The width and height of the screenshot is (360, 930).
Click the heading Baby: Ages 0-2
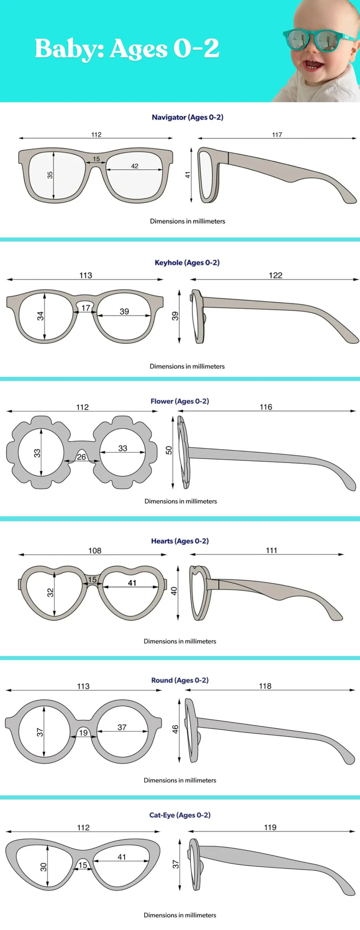[127, 48]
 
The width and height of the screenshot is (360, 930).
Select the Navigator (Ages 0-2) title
[187, 117]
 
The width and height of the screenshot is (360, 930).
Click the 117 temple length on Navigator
[277, 135]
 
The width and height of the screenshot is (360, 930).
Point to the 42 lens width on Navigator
[134, 166]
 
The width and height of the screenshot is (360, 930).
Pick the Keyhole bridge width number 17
[86, 308]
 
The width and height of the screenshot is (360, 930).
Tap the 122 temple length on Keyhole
[275, 275]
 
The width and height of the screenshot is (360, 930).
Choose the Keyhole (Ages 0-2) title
[187, 262]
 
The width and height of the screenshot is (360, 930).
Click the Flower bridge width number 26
[82, 457]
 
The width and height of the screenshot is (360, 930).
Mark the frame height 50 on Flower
[169, 450]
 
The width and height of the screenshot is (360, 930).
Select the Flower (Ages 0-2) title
[180, 401]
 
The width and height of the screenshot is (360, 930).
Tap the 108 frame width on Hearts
[95, 551]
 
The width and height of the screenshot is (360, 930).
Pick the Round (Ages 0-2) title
[180, 680]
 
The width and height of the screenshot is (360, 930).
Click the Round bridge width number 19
[83, 732]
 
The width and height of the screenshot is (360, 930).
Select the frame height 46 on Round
[175, 729]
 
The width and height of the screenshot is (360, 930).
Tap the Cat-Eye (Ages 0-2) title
[180, 815]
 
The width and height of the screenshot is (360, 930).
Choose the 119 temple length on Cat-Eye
[270, 827]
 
